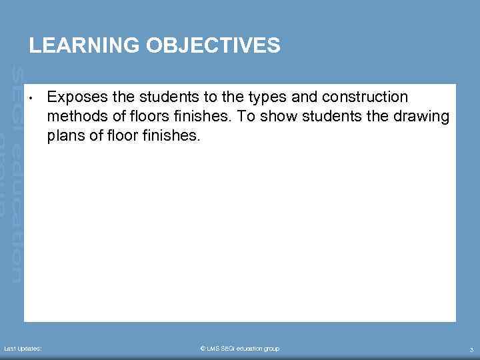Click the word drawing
pos(423,117)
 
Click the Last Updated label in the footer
pos(23,349)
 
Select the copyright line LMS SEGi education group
pos(240,349)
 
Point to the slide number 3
pos(471,349)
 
